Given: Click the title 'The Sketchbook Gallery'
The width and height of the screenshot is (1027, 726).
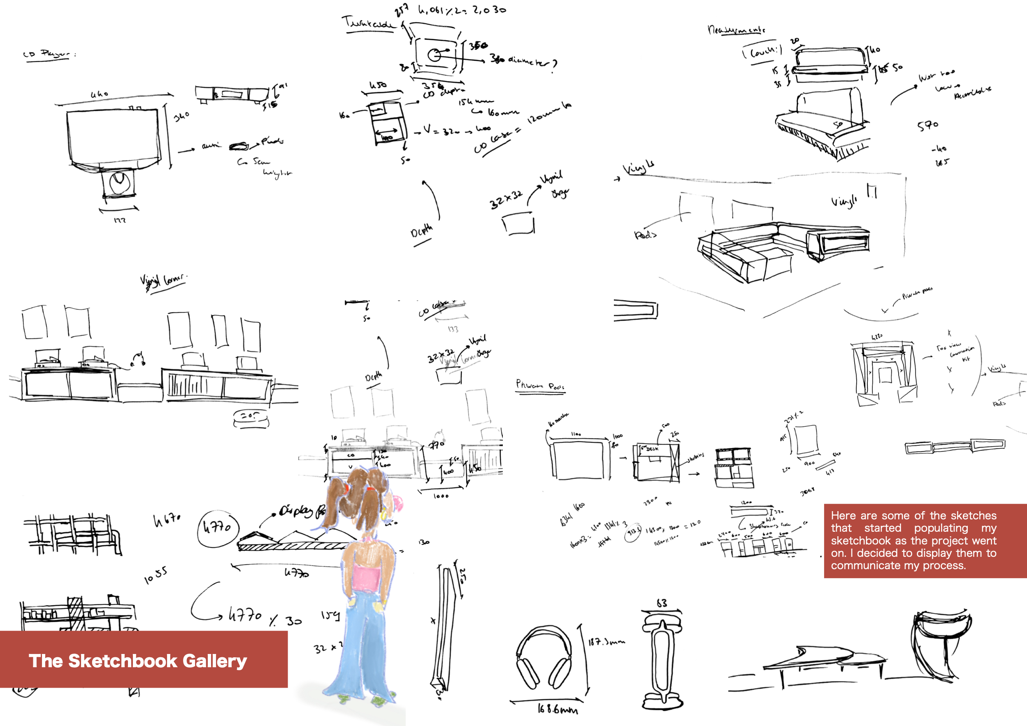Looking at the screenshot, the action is click(137, 661).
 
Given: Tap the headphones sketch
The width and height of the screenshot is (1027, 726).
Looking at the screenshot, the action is click(544, 658).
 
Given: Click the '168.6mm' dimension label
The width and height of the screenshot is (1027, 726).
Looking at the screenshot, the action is click(557, 709).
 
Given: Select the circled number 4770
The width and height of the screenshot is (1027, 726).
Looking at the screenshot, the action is click(217, 528).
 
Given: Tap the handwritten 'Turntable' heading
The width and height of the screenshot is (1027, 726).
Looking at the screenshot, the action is click(369, 22).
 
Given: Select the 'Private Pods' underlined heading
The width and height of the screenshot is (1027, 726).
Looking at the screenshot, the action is click(540, 385).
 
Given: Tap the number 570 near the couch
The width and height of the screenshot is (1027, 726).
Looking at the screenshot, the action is click(928, 126).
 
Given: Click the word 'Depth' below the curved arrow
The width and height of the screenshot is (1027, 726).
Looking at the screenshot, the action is click(421, 231).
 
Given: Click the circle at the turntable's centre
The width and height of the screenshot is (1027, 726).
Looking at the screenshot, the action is click(433, 55).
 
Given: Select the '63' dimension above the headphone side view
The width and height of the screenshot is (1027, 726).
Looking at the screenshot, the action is click(662, 603).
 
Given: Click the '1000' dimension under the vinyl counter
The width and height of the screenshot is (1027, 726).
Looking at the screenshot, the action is click(441, 496).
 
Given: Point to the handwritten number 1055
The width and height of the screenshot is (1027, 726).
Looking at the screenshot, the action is click(156, 576).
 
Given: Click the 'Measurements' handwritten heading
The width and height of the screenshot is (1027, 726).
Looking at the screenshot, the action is click(736, 30).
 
